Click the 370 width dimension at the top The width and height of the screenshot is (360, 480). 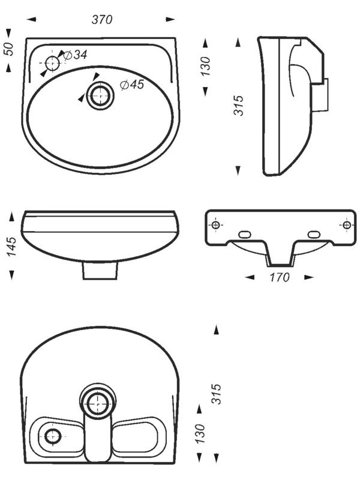102,20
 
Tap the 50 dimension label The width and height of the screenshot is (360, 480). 9,49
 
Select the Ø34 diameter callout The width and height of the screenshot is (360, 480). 75,55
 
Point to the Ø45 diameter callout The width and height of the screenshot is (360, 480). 132,85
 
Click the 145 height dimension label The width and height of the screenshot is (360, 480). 11,247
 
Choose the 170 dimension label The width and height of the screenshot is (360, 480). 279,277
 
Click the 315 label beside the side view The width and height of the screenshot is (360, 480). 239,106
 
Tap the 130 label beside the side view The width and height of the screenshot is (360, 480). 205,66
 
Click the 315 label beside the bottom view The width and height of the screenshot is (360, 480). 216,394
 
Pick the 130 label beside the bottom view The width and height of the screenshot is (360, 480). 200,433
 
